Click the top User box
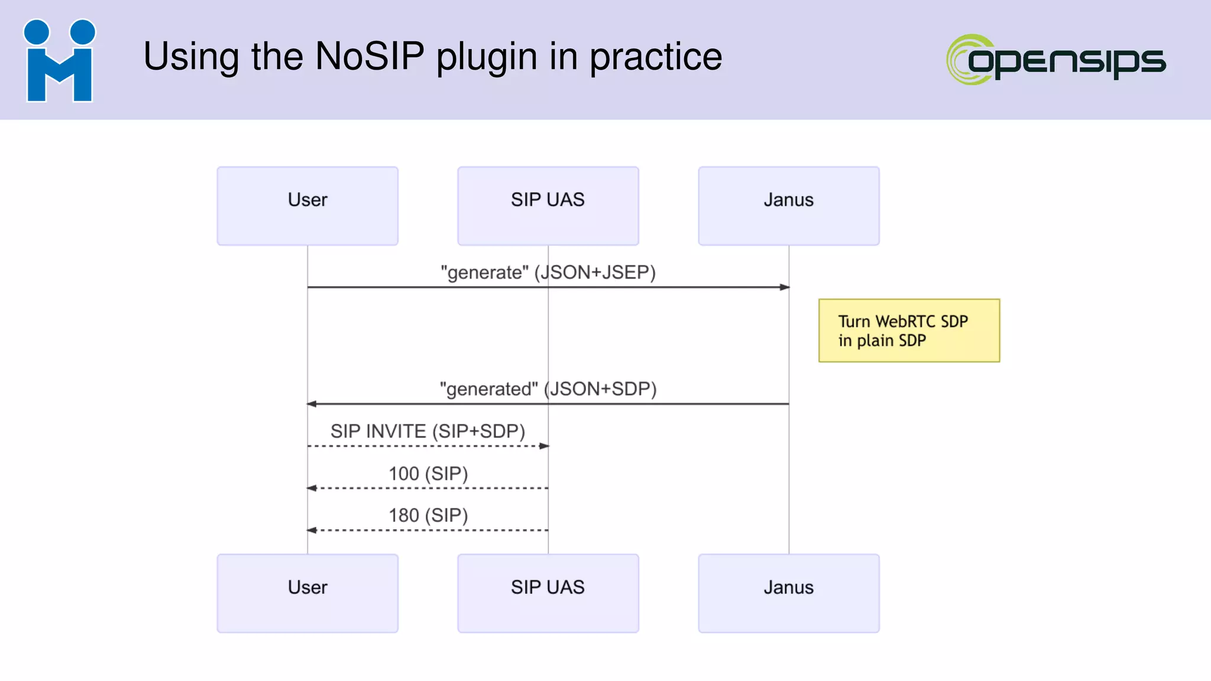pos(307,206)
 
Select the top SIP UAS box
pos(548,206)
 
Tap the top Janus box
pos(788,206)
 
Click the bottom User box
pos(307,593)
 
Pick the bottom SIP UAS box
pos(548,593)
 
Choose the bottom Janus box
pos(788,593)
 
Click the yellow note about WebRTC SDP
pos(909,330)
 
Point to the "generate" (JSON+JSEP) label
pos(548,273)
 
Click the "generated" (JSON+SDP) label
pos(548,389)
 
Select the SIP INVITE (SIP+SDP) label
pos(428,431)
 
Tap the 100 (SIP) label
pos(428,474)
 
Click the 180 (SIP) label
pos(428,515)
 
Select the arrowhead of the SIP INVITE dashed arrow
pos(544,446)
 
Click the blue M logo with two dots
pos(59,60)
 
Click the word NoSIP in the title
pos(370,57)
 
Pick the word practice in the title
pos(656,57)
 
